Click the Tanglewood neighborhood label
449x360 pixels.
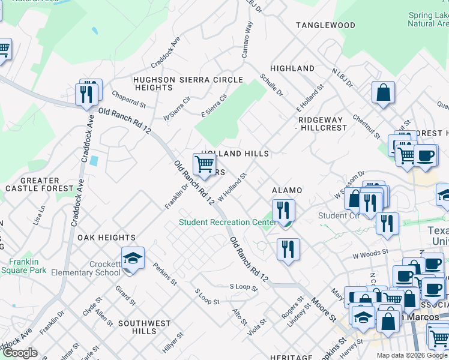point(325,25)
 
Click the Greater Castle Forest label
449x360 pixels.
point(32,184)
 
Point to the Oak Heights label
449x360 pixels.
point(106,238)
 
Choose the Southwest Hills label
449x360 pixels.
point(145,327)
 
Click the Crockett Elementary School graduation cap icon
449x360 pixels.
point(133,259)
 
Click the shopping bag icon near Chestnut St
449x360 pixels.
point(382,93)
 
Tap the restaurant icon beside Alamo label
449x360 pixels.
point(283,210)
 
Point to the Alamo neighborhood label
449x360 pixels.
point(287,190)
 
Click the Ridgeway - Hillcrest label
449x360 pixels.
point(322,124)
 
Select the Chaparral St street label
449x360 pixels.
point(128,100)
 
